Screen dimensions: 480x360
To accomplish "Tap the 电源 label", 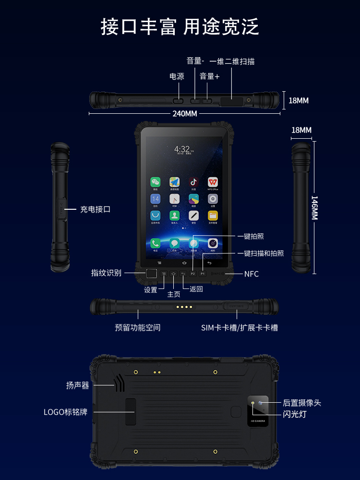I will pos(177,76).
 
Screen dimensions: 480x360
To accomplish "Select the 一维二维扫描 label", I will pos(232,61).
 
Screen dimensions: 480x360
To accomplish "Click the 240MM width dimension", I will pos(185,114).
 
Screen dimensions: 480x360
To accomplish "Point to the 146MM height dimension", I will pos(314,207).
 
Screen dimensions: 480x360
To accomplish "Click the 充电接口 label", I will pos(95,209).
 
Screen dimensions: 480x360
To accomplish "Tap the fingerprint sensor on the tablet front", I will pos(151,274).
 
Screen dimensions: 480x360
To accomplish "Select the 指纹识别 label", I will pos(106,273).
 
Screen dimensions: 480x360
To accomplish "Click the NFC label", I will pos(252,274).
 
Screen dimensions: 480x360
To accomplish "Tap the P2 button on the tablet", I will pos(193,274).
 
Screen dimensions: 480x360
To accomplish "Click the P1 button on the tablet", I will pos(203,274).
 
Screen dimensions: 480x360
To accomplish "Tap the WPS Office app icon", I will pos(213,182).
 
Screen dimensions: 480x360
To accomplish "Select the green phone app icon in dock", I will pos(155,243).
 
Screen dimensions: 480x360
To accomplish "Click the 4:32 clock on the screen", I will pos(182,149).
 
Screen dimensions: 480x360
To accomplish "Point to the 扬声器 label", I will pos(77,385).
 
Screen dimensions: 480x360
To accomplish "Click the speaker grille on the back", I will pos(119,383).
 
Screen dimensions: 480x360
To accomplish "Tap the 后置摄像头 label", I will pos(301,403).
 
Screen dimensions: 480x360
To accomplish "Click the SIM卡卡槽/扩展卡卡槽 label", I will pos(240,328).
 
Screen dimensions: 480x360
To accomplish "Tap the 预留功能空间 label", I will pos(137,328).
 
